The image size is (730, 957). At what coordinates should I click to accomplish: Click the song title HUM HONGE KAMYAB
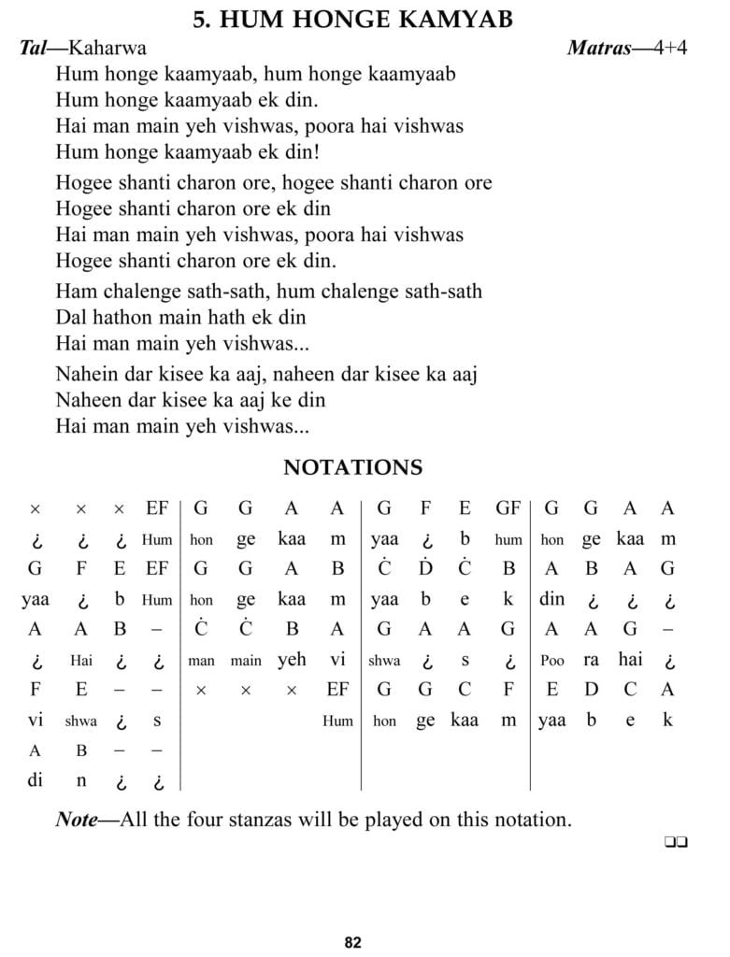pos(352,19)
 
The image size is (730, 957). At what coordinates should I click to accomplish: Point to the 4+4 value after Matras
pos(670,48)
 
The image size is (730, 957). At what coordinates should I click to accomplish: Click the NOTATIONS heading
pos(352,467)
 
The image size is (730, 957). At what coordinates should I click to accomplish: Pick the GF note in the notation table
pos(508,508)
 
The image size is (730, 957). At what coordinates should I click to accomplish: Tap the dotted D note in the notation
pos(425,568)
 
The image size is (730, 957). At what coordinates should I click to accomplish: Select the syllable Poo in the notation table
pos(552,660)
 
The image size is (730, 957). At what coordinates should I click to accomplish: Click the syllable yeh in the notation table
pos(292,659)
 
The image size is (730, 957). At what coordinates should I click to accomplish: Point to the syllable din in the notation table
pos(552,599)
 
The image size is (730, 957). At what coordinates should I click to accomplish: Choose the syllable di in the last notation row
pos(36,780)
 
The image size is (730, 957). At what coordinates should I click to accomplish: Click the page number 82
pos(352,942)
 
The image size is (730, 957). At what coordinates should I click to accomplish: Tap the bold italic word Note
pos(77,820)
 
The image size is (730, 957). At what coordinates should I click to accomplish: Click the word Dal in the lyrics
pos(71,317)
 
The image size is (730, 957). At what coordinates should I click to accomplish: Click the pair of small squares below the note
pos(677,843)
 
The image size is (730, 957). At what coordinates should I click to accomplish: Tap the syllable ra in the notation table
pos(591,659)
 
